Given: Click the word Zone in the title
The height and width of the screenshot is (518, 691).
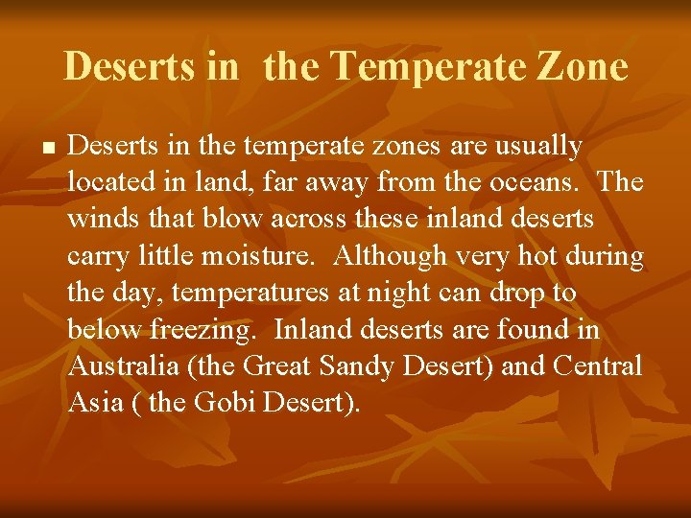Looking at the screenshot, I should [582, 67].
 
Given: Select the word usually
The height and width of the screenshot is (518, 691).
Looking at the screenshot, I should [534, 147].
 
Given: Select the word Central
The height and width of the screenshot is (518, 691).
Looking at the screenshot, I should [595, 366].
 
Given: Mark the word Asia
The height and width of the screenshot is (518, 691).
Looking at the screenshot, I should [95, 403].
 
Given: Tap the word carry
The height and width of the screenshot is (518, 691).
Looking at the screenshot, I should [97, 257].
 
